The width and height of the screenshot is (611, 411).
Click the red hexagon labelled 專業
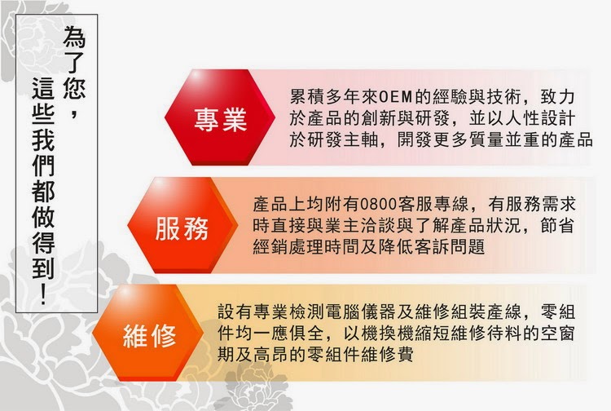click(220, 117)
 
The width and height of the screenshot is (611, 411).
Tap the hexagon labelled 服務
click(182, 225)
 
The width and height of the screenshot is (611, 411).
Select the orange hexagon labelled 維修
click(148, 333)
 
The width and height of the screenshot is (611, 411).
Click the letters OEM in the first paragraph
click(396, 97)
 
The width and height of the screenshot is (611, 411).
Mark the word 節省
click(557, 225)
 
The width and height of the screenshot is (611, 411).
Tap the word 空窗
click(557, 333)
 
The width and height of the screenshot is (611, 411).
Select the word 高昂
click(271, 355)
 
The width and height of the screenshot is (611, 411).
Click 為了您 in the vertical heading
click(73, 63)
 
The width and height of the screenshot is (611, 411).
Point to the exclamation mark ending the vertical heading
click(43, 294)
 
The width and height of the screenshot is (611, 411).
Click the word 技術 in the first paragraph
click(504, 97)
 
